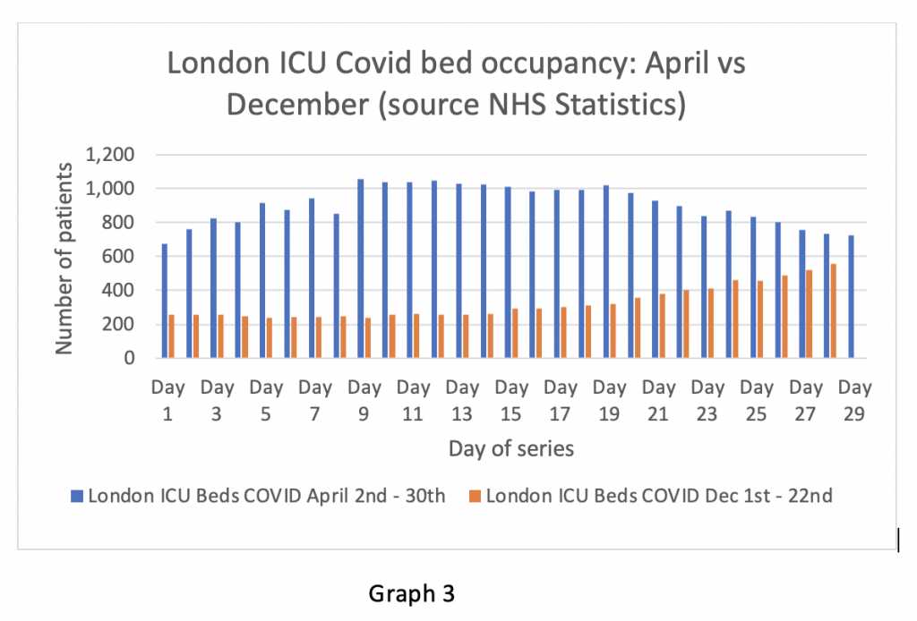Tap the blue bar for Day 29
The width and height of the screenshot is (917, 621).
coord(851,296)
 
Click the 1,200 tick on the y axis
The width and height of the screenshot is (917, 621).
coord(110,155)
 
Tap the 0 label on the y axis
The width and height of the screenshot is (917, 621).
coord(130,359)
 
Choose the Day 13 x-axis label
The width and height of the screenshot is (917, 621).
coord(462,399)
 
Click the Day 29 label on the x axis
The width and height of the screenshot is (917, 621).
coord(854,399)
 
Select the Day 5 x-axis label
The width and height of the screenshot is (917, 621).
coord(266,399)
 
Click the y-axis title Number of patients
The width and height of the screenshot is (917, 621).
coord(64,258)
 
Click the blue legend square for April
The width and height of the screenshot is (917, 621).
coord(77,496)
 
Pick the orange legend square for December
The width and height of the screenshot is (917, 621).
coord(475,496)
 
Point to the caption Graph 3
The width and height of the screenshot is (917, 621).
coord(413,591)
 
